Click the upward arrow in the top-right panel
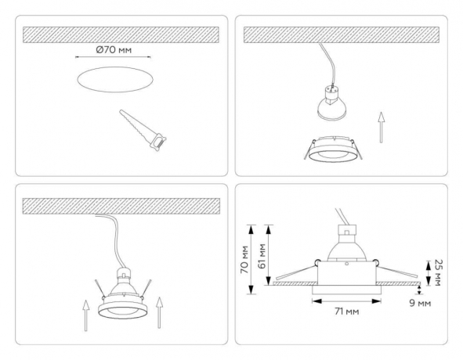(382, 125)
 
